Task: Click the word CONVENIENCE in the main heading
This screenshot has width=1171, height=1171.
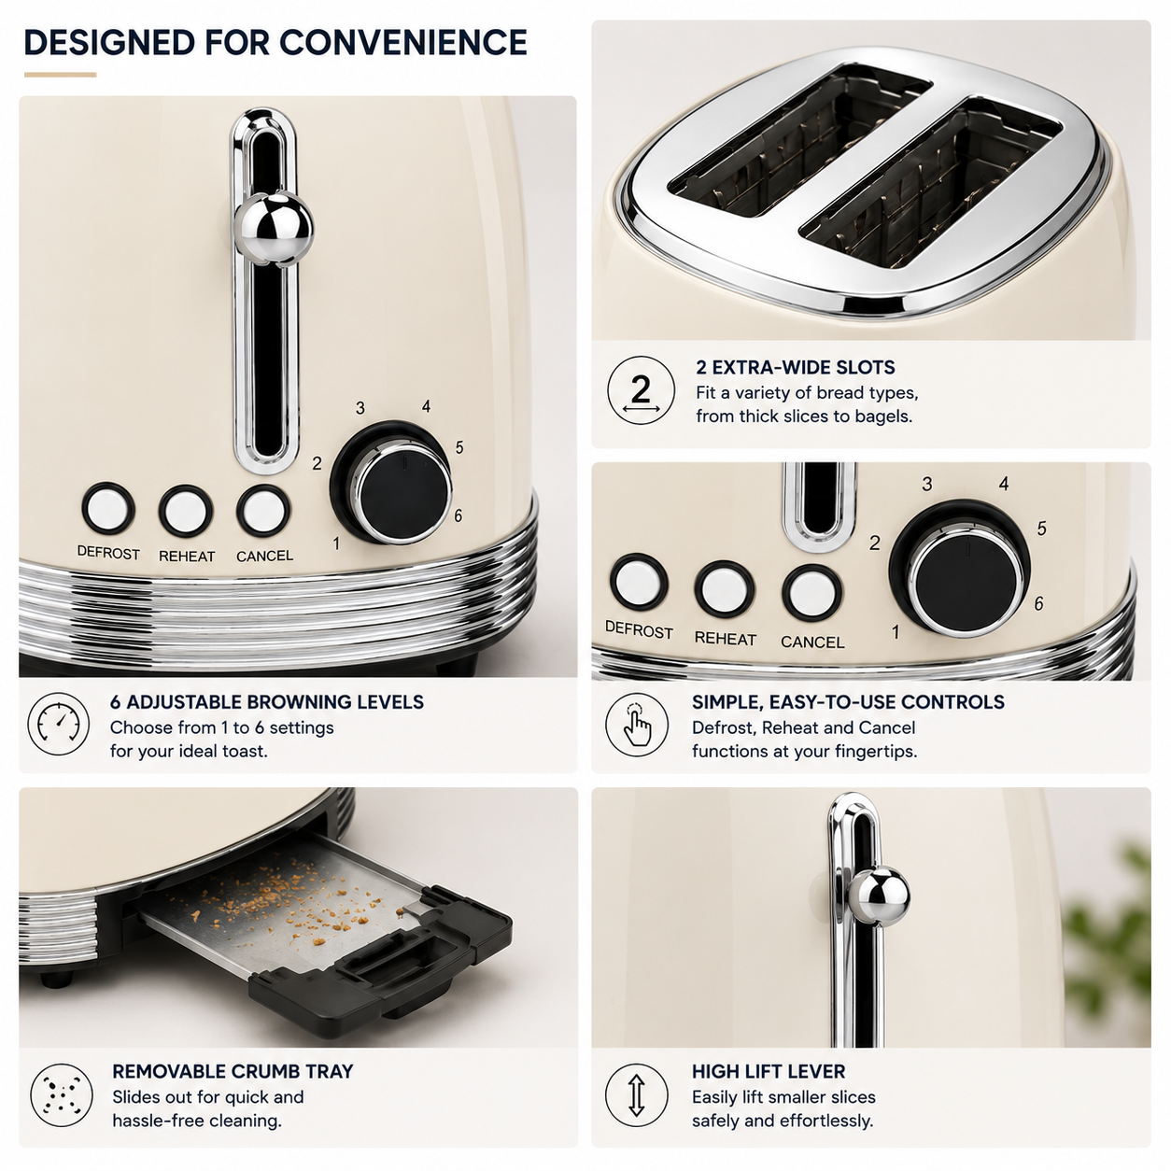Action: pyautogui.click(x=402, y=42)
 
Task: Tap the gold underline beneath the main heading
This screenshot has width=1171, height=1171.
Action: pyautogui.click(x=60, y=75)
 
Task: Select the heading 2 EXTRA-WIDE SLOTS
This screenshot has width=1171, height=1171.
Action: pyautogui.click(x=796, y=367)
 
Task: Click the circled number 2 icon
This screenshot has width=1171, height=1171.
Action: pyautogui.click(x=641, y=390)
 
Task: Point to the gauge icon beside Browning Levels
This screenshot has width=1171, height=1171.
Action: pyautogui.click(x=58, y=724)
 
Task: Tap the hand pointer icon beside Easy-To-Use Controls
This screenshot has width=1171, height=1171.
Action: pyautogui.click(x=636, y=725)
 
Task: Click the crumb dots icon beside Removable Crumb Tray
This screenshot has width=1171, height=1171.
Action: pyautogui.click(x=62, y=1095)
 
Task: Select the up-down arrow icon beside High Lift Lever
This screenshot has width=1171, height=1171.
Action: pyautogui.click(x=636, y=1095)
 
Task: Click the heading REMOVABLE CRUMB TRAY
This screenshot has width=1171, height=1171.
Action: pyautogui.click(x=233, y=1071)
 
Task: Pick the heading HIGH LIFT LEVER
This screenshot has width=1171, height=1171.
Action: pyautogui.click(x=769, y=1071)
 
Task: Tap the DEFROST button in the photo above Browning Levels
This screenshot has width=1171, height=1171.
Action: pyautogui.click(x=108, y=508)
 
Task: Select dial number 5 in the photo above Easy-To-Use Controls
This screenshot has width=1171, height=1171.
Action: pyautogui.click(x=1041, y=529)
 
